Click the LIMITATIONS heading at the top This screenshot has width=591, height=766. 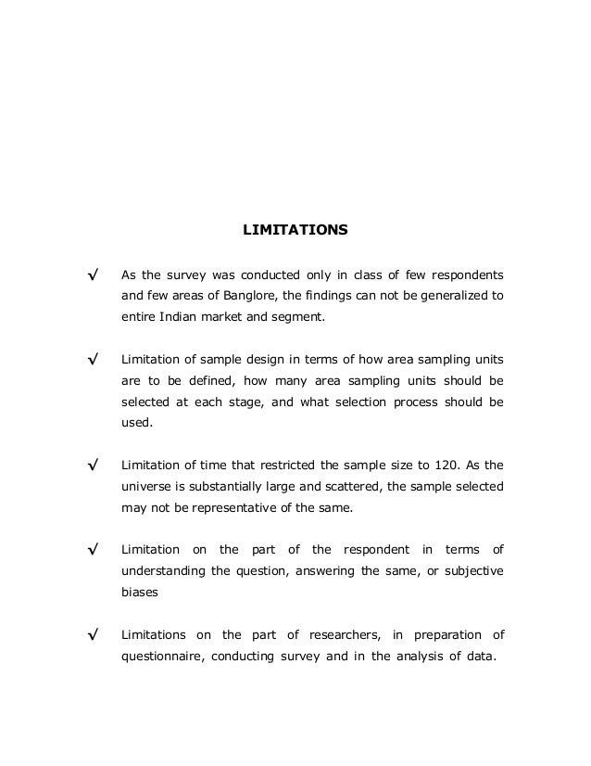coord(295,226)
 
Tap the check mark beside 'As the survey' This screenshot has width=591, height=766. coord(93,276)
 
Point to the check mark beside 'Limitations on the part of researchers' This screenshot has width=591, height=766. coord(93,634)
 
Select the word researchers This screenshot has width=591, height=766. coord(334,634)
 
